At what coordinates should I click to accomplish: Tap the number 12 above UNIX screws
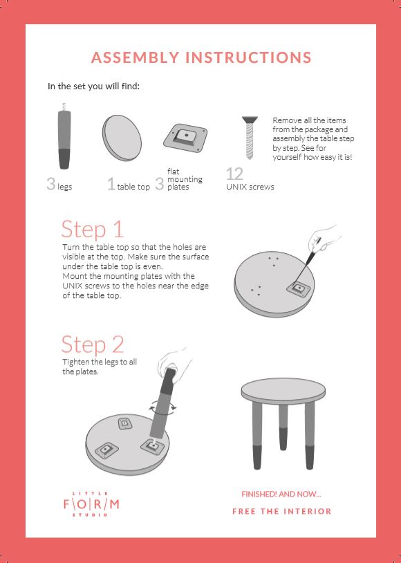(234, 174)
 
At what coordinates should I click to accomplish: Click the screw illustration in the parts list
(250, 138)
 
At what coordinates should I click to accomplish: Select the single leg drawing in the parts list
(64, 136)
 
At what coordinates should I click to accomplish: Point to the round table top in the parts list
(122, 138)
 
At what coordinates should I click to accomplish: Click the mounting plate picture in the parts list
(185, 138)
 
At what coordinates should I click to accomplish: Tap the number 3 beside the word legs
(51, 183)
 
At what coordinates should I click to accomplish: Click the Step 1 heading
(92, 230)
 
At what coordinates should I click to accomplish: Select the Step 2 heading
(92, 344)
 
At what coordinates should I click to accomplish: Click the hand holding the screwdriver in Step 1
(322, 238)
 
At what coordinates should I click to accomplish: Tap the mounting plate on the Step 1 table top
(299, 288)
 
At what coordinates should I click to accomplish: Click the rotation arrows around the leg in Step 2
(163, 407)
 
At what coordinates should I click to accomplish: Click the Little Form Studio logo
(91, 504)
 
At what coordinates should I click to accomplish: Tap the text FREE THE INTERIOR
(282, 511)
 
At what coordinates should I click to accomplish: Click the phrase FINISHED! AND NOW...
(281, 494)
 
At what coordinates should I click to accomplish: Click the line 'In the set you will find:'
(93, 86)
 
